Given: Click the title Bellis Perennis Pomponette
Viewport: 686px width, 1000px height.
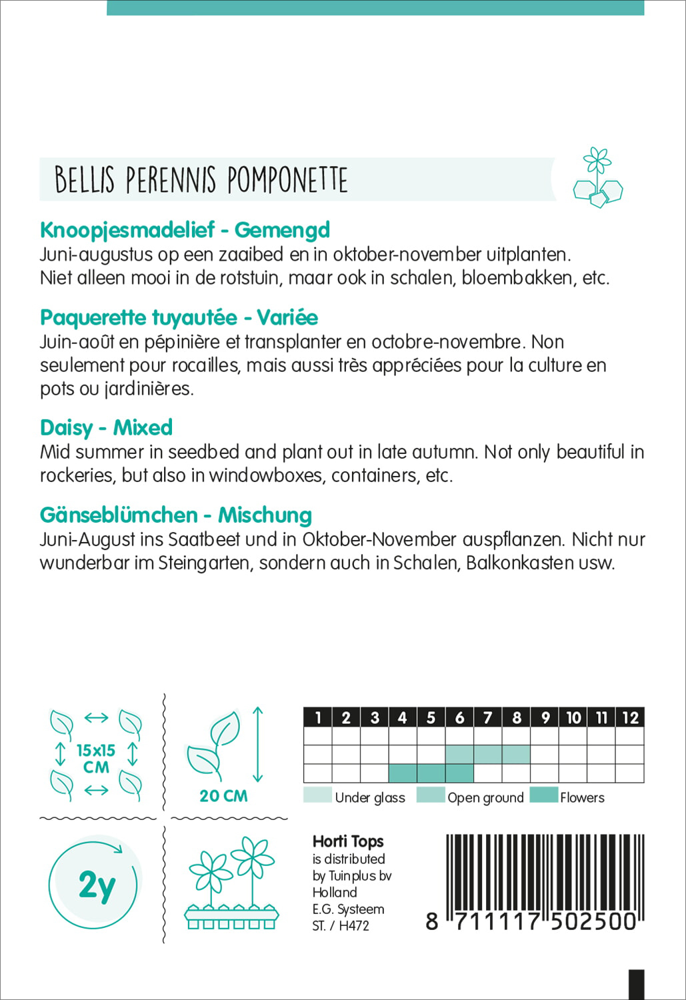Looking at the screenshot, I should tap(201, 180).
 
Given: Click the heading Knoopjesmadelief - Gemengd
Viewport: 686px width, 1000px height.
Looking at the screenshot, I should tap(185, 230).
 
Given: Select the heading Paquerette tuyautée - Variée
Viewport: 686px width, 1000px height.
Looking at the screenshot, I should tap(179, 317).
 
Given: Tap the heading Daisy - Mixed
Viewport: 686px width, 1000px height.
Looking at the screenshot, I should tap(106, 427).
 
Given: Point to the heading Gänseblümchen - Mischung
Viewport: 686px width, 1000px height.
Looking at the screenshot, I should tap(175, 515).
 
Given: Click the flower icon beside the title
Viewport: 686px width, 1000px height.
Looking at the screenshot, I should tap(597, 178).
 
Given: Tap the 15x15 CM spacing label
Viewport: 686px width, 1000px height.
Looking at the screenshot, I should tap(96, 759).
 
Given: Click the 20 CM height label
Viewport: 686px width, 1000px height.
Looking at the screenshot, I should tap(223, 796).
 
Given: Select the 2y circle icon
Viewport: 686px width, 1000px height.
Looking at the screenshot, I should tap(95, 885).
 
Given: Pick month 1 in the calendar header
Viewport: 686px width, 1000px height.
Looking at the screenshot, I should tap(318, 717).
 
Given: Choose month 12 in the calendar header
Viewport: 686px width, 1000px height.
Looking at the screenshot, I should tap(630, 717).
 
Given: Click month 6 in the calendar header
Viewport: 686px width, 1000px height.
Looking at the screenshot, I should tap(459, 717).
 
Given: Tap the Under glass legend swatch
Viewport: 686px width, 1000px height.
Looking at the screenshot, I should tap(317, 795).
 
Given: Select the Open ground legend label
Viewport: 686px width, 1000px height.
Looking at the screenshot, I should tap(485, 798).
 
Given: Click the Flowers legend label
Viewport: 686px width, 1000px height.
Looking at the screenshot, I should tap(582, 798).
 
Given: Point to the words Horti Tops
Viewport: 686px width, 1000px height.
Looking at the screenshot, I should tap(348, 841).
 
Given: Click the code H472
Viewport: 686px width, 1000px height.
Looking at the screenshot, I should tap(353, 926).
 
